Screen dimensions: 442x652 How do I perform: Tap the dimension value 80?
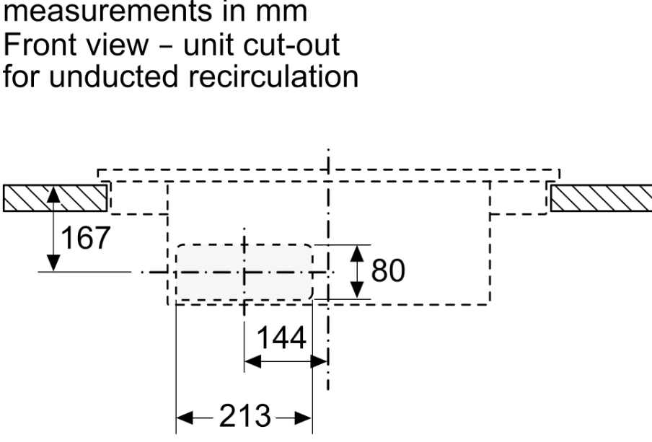[x=388, y=272]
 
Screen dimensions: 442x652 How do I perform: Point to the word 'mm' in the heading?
[x=276, y=13]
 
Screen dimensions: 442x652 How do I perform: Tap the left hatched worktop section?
[x=55, y=198]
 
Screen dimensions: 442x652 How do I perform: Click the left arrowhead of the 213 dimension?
[x=182, y=417]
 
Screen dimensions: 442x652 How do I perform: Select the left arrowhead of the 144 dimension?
[x=250, y=362]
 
